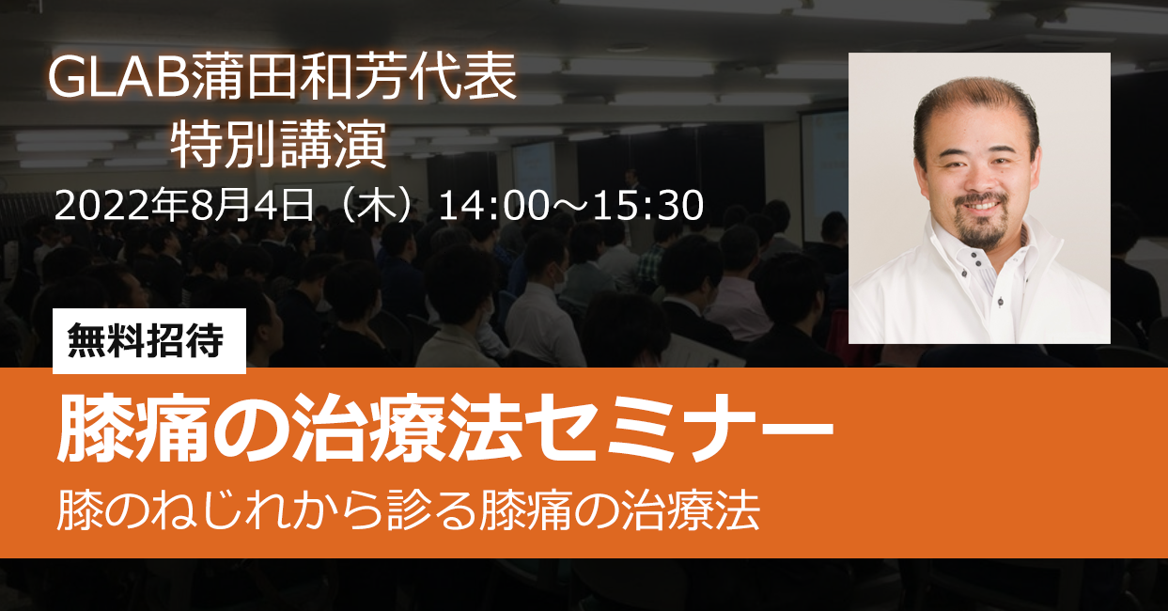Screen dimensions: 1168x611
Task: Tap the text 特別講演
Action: pyautogui.click(x=278, y=144)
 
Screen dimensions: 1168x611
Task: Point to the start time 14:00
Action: pyautogui.click(x=493, y=206)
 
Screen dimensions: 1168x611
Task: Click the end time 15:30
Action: pyautogui.click(x=647, y=206)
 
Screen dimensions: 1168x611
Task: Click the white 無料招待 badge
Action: pyautogui.click(x=149, y=340)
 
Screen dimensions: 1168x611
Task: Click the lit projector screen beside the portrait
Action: pyautogui.click(x=825, y=175)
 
